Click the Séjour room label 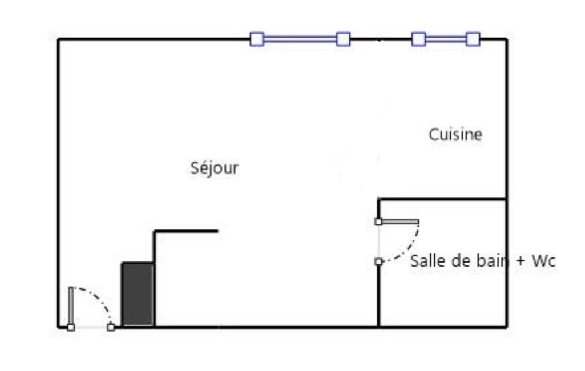click(x=214, y=168)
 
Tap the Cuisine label click(x=455, y=134)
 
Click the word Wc click(x=543, y=261)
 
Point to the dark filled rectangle click(x=138, y=294)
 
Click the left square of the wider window click(x=257, y=39)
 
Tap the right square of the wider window click(x=343, y=39)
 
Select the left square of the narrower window click(x=418, y=39)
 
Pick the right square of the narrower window click(x=473, y=39)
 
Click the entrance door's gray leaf click(x=71, y=306)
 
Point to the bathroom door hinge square click(x=378, y=221)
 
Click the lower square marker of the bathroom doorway click(x=378, y=261)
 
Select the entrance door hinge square click(x=71, y=327)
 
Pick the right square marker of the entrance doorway click(x=111, y=327)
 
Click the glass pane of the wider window click(x=300, y=39)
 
